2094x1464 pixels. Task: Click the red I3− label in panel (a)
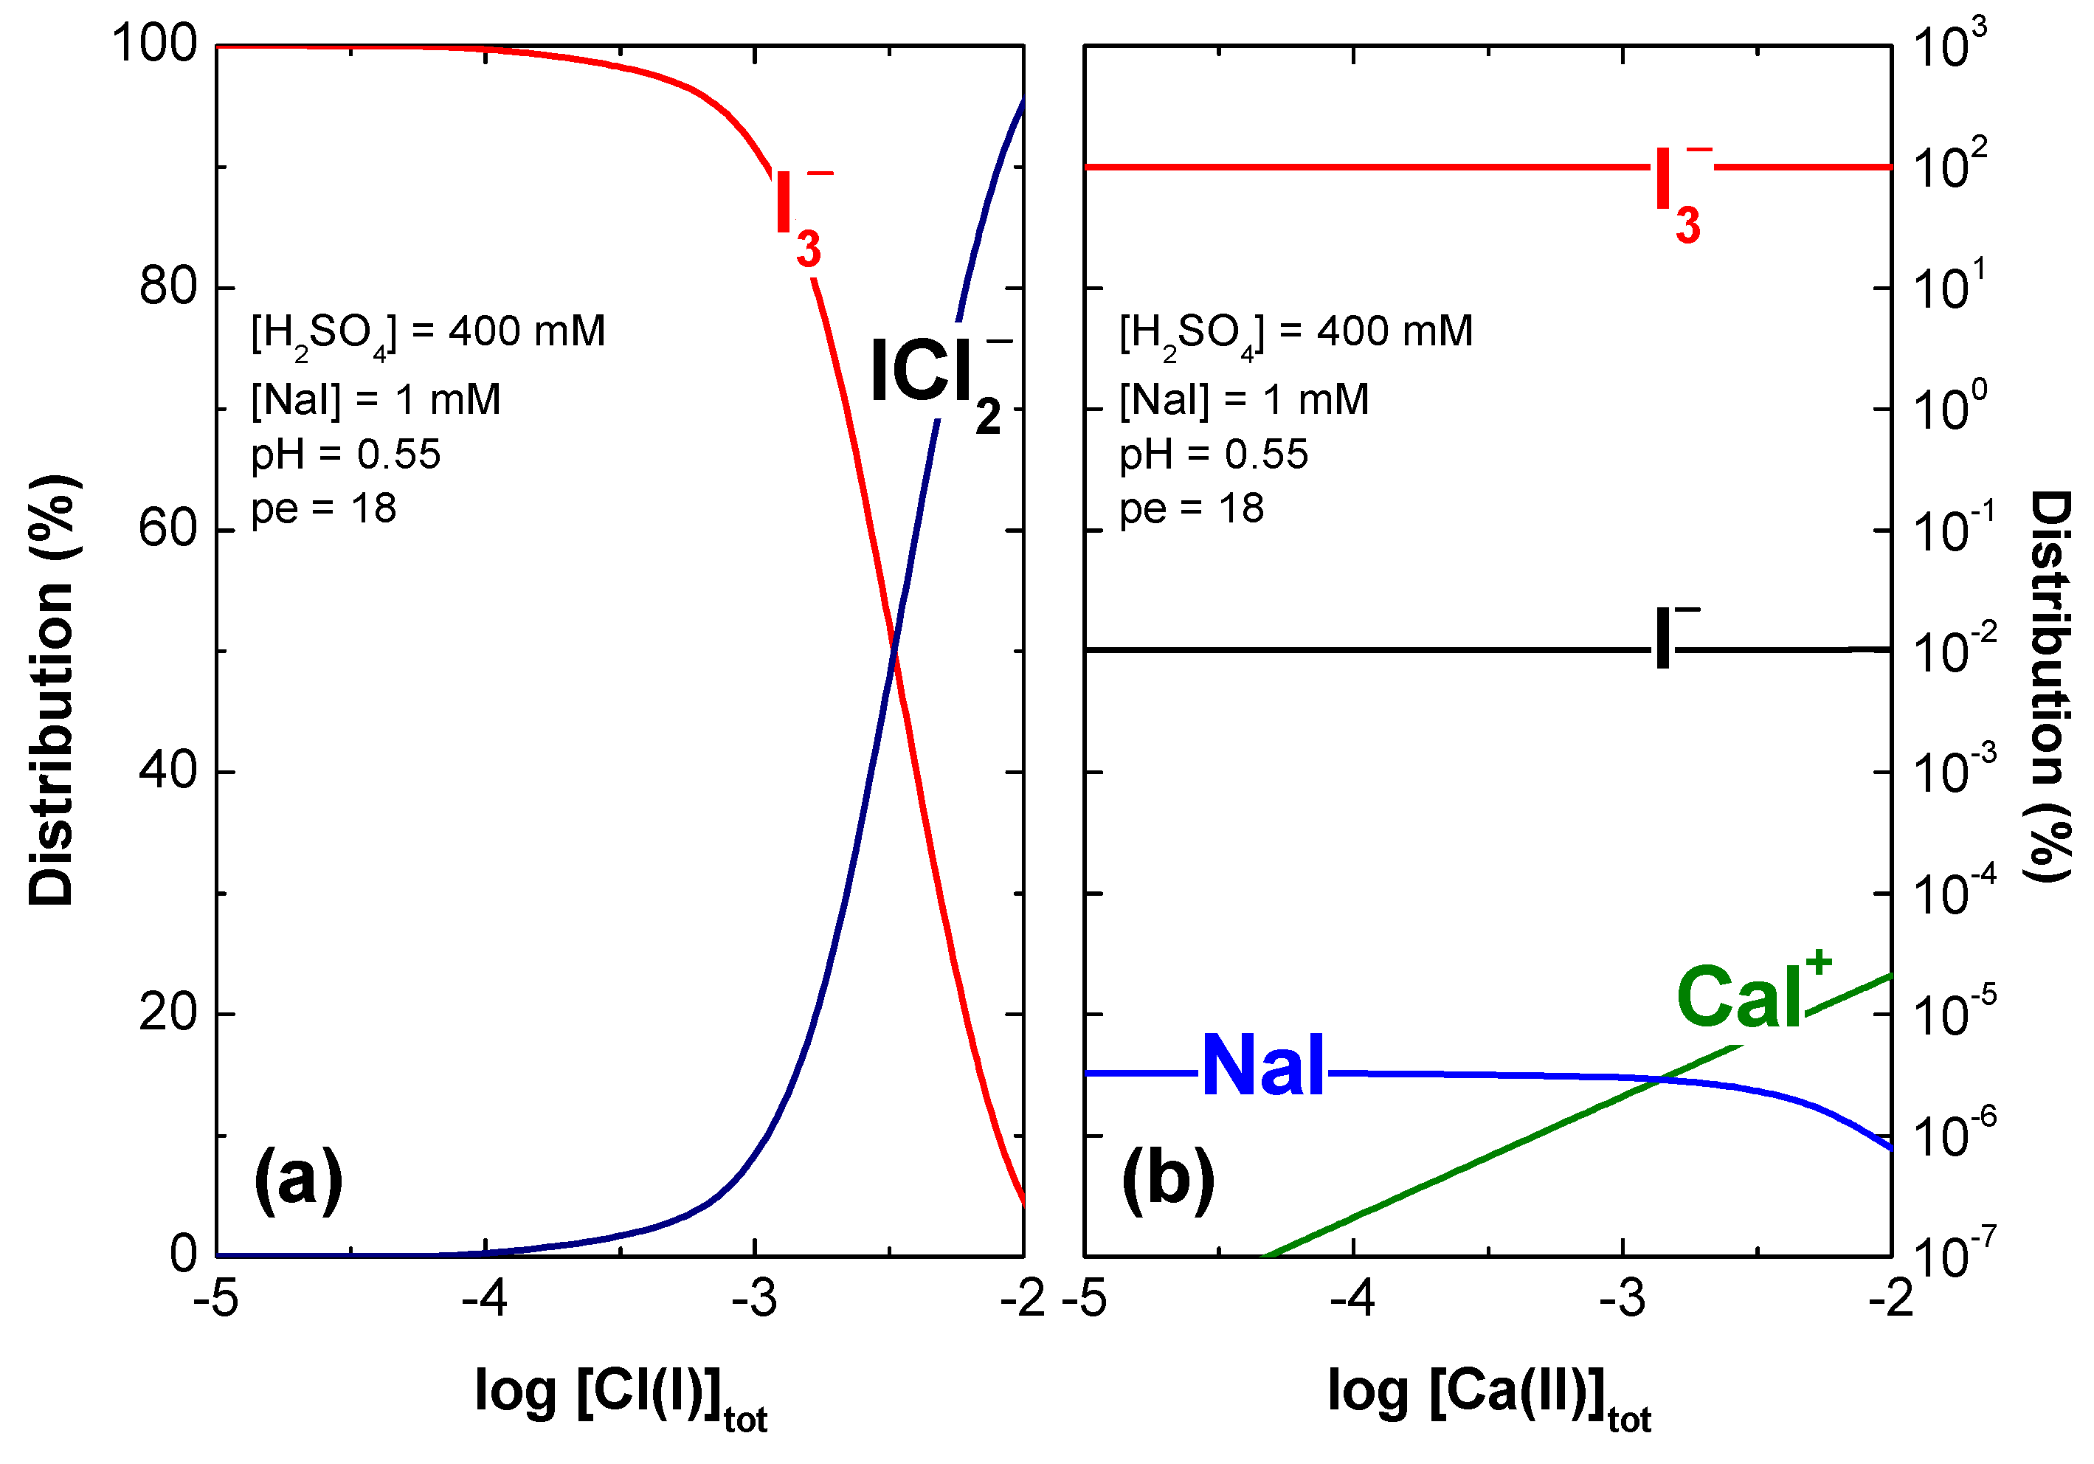799,219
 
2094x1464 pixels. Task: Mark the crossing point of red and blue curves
894,649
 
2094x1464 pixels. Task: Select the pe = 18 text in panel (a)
324,508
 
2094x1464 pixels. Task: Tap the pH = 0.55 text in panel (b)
1213,453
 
